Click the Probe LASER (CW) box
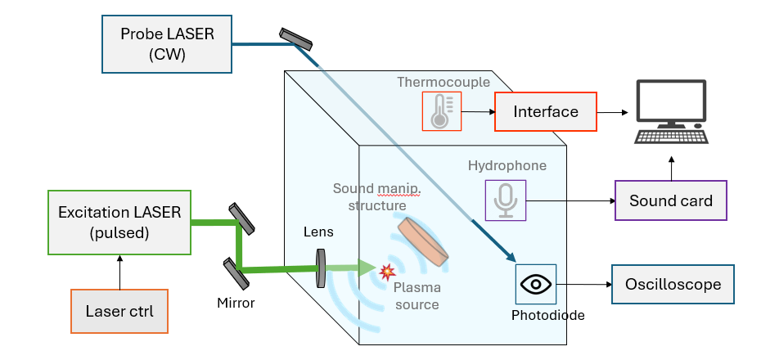tap(167, 44)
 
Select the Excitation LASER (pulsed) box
tap(119, 222)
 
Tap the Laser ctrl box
tap(119, 311)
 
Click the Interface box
tap(546, 111)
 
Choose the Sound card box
tap(671, 200)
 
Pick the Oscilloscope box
tap(673, 285)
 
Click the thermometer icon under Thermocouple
tap(441, 111)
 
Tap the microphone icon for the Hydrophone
tap(506, 200)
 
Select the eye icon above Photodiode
tap(536, 285)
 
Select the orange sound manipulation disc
tap(423, 241)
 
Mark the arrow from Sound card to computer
tap(671, 167)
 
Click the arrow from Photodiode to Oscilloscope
tap(584, 285)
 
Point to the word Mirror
tap(235, 303)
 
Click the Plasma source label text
tap(417, 296)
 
